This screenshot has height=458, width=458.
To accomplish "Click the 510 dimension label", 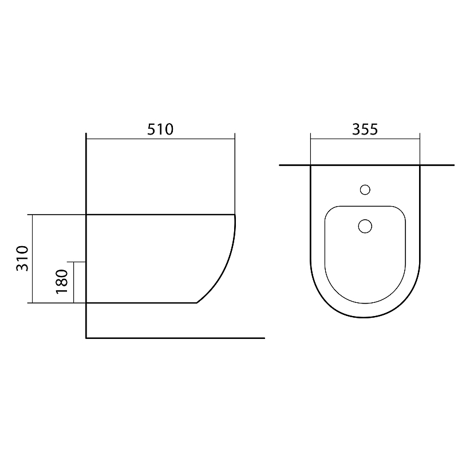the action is point(160,129).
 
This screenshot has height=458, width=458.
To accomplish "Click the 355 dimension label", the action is point(365,129).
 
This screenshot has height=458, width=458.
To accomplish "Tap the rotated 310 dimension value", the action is point(22,259).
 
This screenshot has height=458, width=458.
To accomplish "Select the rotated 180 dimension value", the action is point(62,282).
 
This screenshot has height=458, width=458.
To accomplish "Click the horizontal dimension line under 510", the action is point(161,139).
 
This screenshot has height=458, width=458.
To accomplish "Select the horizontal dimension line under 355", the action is point(365,139).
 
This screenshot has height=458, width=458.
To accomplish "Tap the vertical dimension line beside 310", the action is point(32,259).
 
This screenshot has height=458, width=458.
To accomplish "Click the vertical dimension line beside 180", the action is point(74,282).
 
